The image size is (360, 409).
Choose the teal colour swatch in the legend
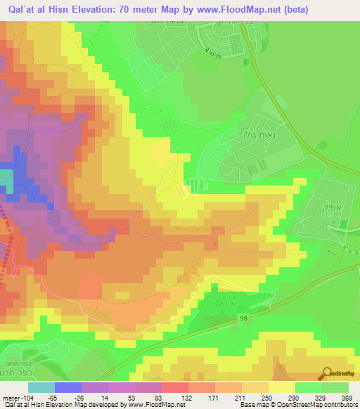pos(41,387)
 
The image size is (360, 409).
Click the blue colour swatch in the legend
pos(68,387)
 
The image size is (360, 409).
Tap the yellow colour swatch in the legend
pos(282,387)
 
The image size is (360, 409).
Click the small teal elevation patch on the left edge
pos(6,178)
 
